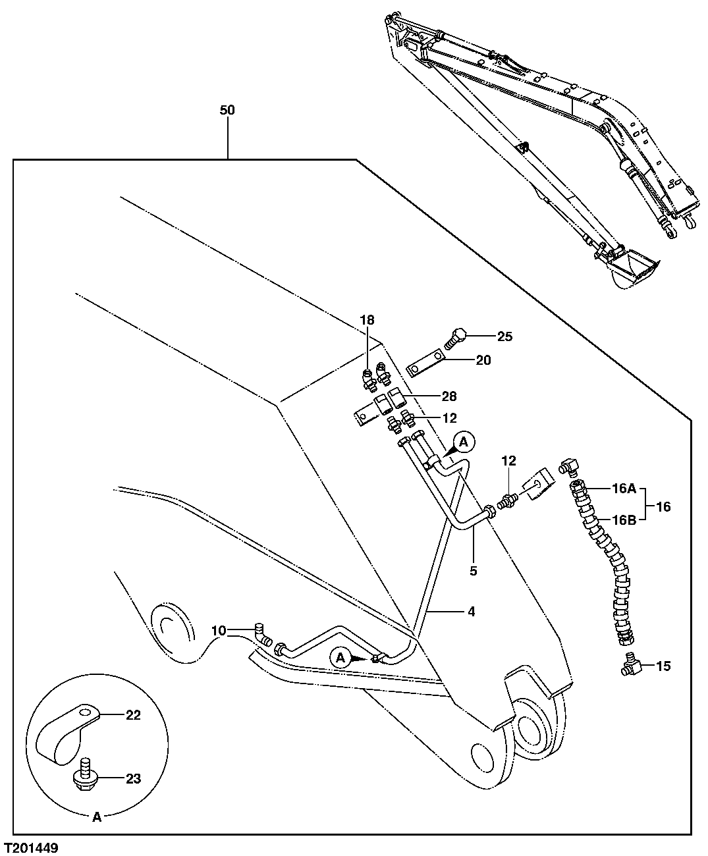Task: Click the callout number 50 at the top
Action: click(227, 110)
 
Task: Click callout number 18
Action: click(367, 320)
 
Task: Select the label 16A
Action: click(623, 489)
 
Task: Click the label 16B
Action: click(623, 520)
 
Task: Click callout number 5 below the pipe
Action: click(473, 571)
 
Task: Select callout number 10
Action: click(219, 631)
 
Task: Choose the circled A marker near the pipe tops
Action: click(464, 441)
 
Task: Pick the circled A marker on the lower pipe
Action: click(340, 656)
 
